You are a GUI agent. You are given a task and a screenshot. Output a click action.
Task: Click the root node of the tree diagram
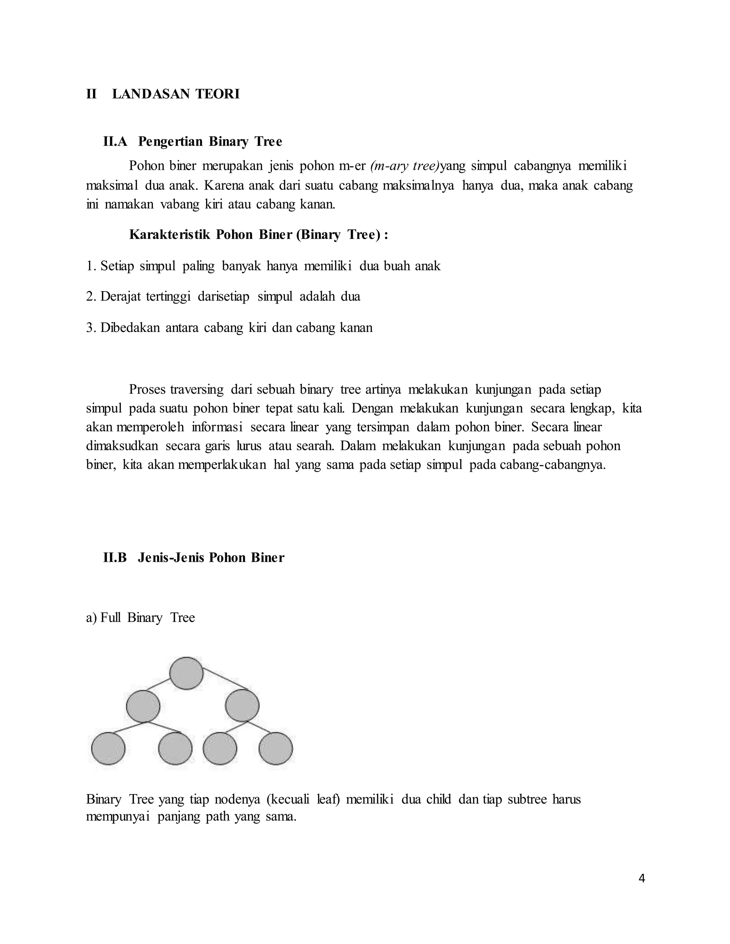[x=186, y=673]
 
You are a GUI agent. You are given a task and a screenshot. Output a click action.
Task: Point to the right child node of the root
[x=242, y=705]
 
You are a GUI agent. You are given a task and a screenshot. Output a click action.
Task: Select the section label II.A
[x=115, y=142]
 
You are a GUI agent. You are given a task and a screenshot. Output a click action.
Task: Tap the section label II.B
[x=115, y=557]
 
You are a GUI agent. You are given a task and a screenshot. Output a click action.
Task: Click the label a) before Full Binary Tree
[x=91, y=618]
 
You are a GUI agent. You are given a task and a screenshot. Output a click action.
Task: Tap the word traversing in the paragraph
[x=197, y=389]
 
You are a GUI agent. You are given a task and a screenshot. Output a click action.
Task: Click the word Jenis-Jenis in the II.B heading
[x=171, y=557]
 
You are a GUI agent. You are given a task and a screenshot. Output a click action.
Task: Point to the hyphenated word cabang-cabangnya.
[x=553, y=465]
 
